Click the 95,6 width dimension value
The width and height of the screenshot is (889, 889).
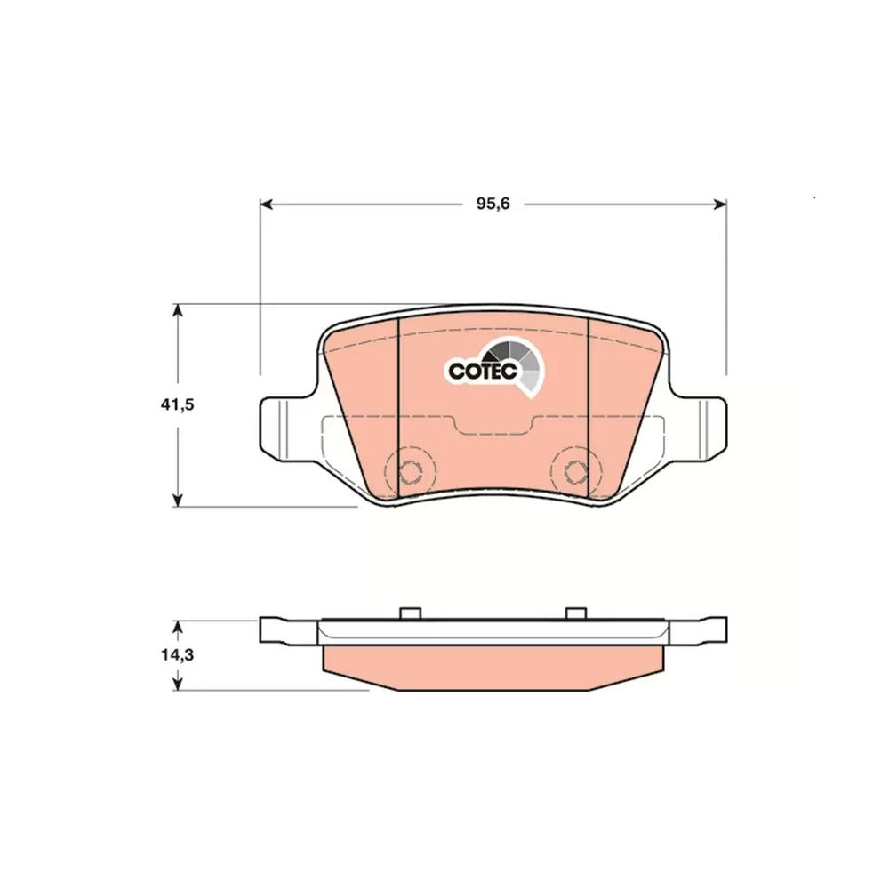(493, 204)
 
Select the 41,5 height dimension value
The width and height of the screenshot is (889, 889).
(178, 404)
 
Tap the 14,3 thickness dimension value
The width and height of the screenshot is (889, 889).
(178, 655)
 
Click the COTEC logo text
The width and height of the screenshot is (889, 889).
(483, 372)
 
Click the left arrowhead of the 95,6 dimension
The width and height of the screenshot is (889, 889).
(267, 204)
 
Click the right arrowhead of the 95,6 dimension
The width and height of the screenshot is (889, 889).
(720, 204)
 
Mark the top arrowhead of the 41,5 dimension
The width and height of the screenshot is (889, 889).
(178, 310)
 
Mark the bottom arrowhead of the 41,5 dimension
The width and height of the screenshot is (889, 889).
(178, 500)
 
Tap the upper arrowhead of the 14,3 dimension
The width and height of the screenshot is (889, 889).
(178, 627)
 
